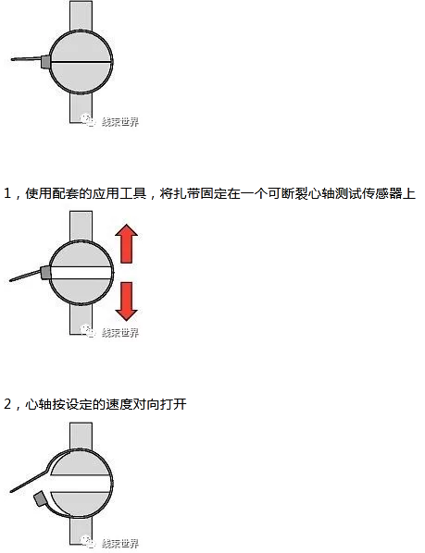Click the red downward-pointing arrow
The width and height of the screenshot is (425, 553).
coord(128,300)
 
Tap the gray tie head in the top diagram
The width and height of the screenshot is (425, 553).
coord(44,61)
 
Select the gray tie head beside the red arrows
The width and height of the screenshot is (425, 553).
coord(44,272)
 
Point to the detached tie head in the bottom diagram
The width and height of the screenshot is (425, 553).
coord(41,499)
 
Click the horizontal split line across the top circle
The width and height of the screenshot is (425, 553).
coord(81,61)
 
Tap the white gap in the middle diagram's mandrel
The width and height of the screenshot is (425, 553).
coord(81,273)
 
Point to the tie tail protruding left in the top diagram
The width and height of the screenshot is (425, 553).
coord(24,60)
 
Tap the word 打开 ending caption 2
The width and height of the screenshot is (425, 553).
coord(175,405)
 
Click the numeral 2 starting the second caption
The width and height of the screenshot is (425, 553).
coord(8,405)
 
